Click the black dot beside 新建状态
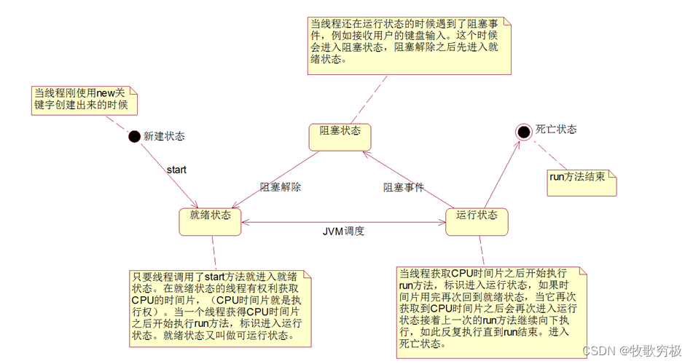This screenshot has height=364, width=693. click(x=134, y=136)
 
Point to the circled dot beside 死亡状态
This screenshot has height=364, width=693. click(x=522, y=131)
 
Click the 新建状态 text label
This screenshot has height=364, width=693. click(x=164, y=136)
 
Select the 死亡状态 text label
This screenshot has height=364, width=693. click(x=556, y=130)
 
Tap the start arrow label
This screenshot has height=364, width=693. click(x=177, y=170)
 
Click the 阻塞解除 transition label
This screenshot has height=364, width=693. click(x=281, y=186)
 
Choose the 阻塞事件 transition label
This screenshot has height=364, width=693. click(x=404, y=187)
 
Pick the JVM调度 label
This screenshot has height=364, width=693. click(x=344, y=232)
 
